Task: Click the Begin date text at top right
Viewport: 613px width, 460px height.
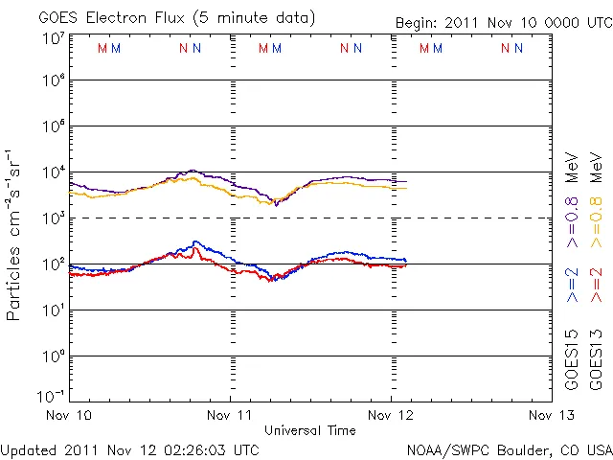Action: [503, 23]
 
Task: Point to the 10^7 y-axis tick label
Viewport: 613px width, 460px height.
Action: [53, 38]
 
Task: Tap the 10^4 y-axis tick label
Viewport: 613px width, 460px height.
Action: [53, 172]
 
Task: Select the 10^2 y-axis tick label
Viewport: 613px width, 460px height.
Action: [53, 264]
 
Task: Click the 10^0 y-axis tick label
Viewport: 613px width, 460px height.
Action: [53, 356]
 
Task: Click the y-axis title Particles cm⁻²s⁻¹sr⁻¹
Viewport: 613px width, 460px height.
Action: [16, 234]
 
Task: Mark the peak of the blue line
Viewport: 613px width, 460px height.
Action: [195, 241]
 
